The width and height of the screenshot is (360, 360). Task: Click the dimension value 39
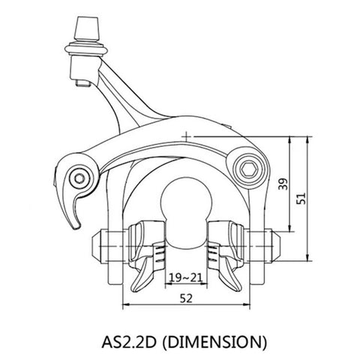(283, 184)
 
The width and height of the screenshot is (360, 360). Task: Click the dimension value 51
(301, 198)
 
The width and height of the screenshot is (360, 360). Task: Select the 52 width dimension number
(186, 298)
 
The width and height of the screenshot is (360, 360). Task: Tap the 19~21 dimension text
(185, 277)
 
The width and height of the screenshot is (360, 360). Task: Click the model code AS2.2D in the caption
(129, 342)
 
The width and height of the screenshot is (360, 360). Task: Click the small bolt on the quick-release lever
(80, 178)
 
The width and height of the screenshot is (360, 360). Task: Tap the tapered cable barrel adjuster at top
(87, 28)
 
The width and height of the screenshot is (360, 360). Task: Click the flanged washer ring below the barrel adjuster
(86, 49)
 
